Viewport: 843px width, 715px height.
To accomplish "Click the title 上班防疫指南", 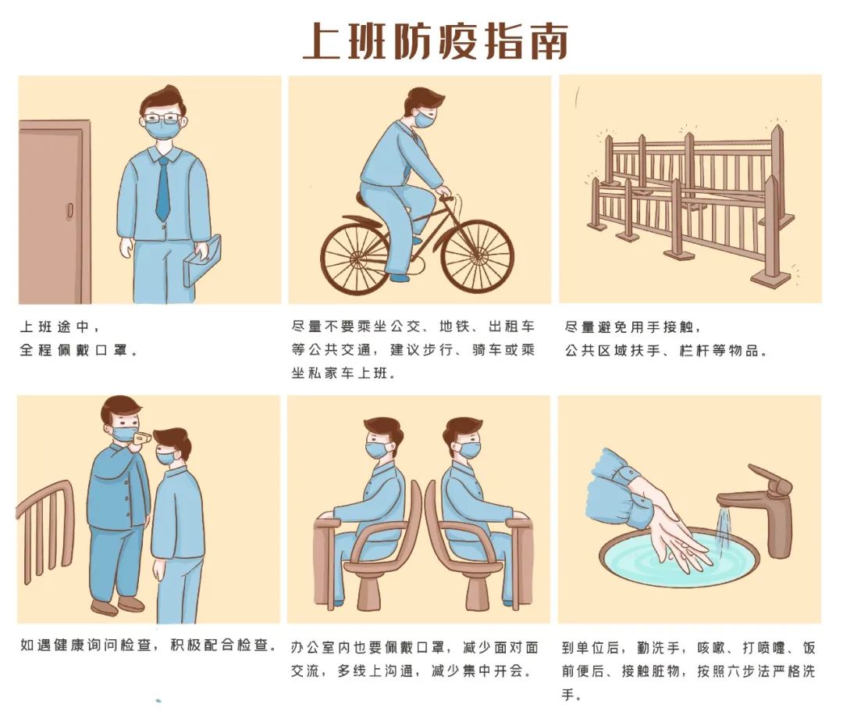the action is tap(435, 41).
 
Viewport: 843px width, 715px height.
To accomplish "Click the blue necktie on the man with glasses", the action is tap(163, 189).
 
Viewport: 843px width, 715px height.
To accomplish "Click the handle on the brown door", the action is tap(70, 210).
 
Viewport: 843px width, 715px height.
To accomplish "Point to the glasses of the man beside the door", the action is tap(162, 119).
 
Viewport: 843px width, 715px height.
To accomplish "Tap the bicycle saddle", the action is tap(365, 198).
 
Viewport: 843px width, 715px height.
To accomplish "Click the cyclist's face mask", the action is tap(425, 119).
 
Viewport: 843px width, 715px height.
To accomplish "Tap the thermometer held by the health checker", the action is tap(139, 439).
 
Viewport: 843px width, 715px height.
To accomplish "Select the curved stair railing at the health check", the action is tap(46, 525).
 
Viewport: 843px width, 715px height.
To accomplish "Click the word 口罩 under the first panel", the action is tap(113, 350).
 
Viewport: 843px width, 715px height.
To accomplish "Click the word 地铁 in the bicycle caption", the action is tap(454, 327).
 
